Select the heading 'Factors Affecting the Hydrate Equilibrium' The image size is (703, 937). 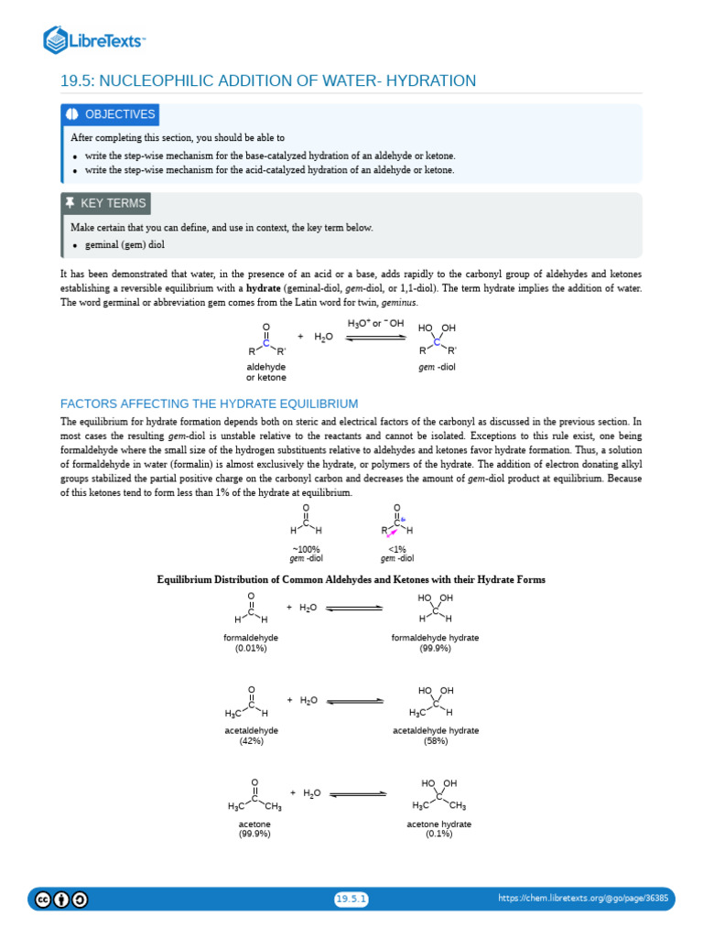[209, 404]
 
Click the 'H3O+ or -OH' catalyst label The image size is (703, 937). [375, 324]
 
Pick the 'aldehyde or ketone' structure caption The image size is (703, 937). [265, 372]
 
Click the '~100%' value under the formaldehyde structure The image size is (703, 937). [306, 549]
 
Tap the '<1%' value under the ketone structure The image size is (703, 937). [397, 549]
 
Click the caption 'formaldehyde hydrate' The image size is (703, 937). [435, 637]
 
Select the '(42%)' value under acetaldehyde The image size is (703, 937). [251, 741]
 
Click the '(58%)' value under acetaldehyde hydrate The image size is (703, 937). [436, 741]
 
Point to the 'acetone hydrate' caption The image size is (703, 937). [439, 824]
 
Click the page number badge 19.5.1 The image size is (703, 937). [351, 899]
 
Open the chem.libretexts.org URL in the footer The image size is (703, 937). [583, 899]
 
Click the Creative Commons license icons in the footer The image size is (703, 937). [62, 899]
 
